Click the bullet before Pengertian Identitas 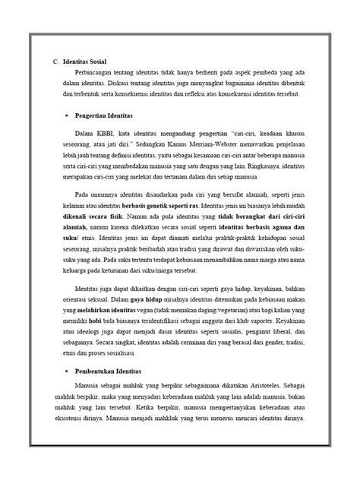coord(68,115)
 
